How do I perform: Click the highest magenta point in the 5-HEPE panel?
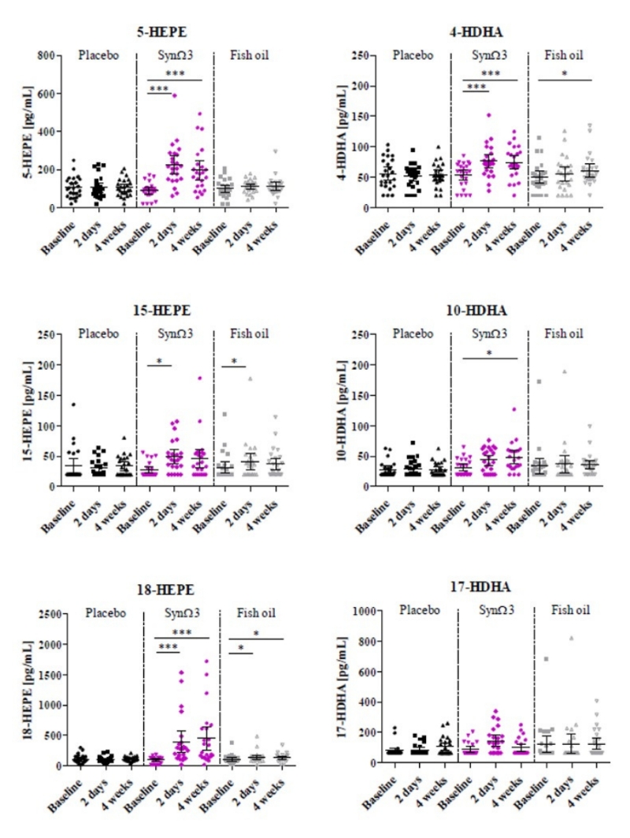(x=173, y=95)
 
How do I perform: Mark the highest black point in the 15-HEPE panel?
(x=73, y=405)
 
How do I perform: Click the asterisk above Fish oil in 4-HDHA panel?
(x=564, y=75)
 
